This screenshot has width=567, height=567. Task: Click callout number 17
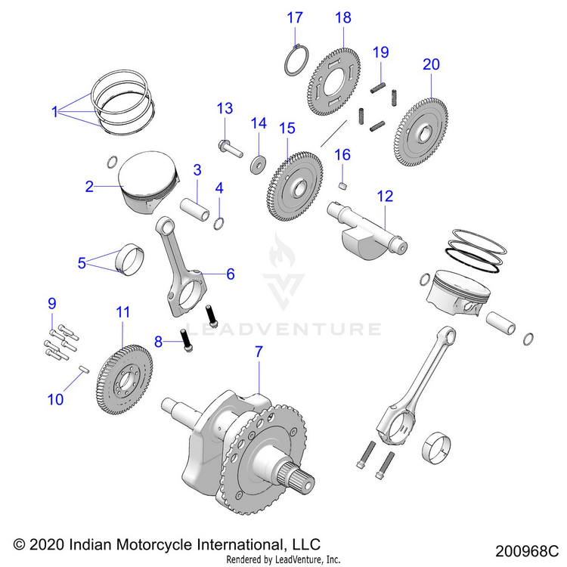click(295, 17)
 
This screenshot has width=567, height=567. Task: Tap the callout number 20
click(431, 65)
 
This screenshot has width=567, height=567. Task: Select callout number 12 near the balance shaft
click(385, 197)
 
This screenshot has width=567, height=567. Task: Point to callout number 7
click(259, 352)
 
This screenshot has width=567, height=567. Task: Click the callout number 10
click(55, 400)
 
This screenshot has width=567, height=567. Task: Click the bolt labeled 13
click(228, 147)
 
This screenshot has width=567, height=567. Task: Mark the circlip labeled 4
click(218, 222)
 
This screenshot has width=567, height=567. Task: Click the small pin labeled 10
click(85, 368)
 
